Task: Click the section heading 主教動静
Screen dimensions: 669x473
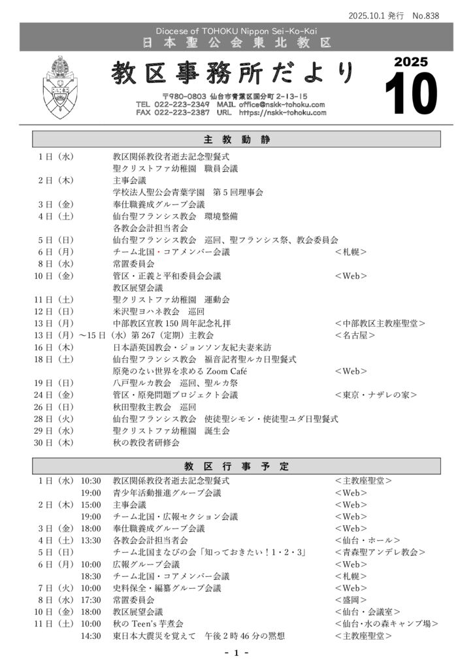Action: (236, 140)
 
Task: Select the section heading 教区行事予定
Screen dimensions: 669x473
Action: (236, 466)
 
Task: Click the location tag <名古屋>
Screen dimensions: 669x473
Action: (355, 335)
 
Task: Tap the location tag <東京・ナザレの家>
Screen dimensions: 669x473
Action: (376, 395)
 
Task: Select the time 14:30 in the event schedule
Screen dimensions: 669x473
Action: (91, 636)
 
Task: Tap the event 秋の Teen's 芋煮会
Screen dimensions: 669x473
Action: (148, 624)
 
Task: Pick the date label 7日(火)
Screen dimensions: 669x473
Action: (56, 588)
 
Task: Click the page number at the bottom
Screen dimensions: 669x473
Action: (236, 653)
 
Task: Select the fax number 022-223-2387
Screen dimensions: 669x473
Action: (182, 112)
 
